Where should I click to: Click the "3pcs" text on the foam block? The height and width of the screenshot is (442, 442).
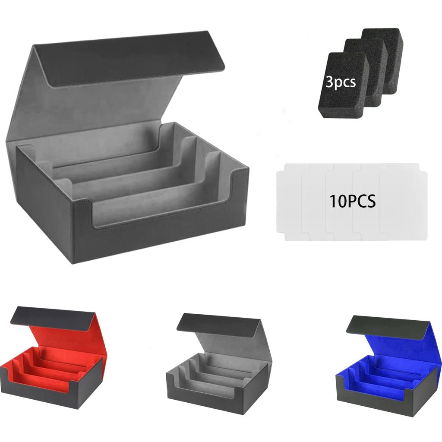(341, 82)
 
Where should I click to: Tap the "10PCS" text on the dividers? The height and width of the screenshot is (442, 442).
(352, 201)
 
